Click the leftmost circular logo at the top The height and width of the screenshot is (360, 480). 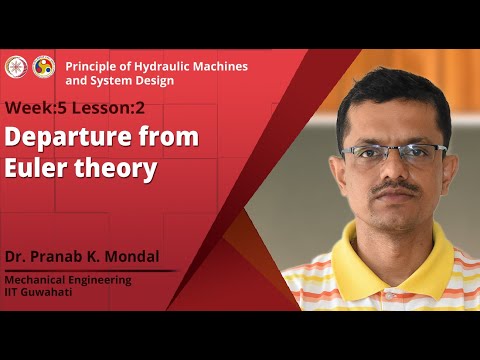point(16,66)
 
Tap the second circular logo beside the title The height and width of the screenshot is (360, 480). point(43,66)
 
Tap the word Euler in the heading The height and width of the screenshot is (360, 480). point(36,169)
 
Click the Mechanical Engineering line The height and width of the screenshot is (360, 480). point(68,280)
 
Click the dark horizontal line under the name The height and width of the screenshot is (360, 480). point(90,270)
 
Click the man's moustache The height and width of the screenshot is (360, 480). point(398,187)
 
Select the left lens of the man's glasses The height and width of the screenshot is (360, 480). point(366,154)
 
